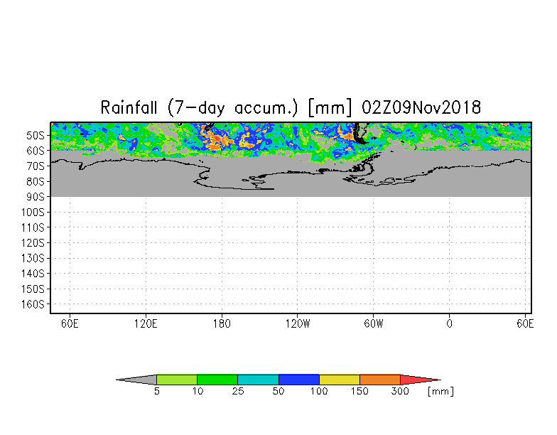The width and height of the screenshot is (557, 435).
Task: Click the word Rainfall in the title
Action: (x=129, y=107)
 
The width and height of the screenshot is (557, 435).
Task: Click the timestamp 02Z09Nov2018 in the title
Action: (x=421, y=107)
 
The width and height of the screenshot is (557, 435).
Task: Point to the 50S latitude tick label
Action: (x=36, y=135)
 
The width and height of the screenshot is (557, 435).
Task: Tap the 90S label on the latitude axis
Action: (x=36, y=197)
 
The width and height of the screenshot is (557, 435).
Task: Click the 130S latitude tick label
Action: (x=33, y=259)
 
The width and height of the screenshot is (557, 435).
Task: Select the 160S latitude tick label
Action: (x=33, y=304)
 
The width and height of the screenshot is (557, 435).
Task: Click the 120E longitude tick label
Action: (x=146, y=324)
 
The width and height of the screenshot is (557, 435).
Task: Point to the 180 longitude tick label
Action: (x=222, y=324)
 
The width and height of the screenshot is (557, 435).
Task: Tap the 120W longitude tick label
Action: (x=298, y=324)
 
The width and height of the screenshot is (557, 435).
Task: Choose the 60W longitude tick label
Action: (x=374, y=324)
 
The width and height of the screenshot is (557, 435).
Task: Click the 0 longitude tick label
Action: (x=449, y=324)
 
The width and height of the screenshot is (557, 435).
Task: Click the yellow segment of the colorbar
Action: (x=340, y=380)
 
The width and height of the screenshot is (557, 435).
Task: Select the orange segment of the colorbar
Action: (x=379, y=380)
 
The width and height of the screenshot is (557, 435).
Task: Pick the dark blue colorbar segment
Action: (x=298, y=380)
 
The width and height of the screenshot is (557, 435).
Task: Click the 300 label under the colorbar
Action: (x=400, y=391)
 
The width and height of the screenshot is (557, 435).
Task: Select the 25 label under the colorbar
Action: (x=238, y=391)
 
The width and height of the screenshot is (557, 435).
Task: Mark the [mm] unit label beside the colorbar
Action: (x=440, y=392)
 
